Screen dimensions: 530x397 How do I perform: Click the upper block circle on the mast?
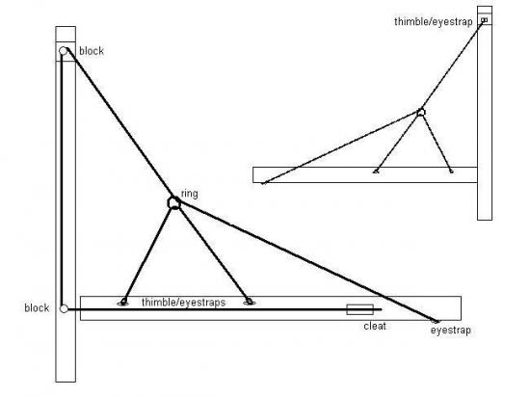pos(64,51)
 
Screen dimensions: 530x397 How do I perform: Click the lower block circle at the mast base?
pos(64,308)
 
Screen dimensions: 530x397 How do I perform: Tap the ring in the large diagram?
pos(174,202)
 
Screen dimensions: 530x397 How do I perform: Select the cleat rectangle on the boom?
pos(360,309)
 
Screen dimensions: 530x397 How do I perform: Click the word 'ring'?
pos(190,194)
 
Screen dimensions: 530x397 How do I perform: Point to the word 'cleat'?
pos(375,326)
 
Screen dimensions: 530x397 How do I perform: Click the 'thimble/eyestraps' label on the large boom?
pos(183,302)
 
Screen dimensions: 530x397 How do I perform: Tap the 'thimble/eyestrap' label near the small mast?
pos(434,21)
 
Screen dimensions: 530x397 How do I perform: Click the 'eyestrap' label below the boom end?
pos(451,331)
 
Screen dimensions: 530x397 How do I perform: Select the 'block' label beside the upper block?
pos(92,51)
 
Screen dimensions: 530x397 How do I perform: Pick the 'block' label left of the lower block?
pos(37,307)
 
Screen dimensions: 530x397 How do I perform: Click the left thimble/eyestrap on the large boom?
pos(123,302)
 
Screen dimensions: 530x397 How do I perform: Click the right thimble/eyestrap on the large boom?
pos(250,302)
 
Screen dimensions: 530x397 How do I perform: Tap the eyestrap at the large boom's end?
pos(436,321)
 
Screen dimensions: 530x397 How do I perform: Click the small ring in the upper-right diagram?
pos(421,112)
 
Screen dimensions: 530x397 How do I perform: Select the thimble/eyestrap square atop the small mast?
pos(485,20)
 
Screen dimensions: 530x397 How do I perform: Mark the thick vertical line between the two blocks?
pos(62,180)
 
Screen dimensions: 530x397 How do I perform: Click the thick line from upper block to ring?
pos(120,124)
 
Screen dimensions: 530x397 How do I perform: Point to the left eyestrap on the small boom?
pos(376,172)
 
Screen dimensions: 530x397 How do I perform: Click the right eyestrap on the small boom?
pos(451,172)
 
